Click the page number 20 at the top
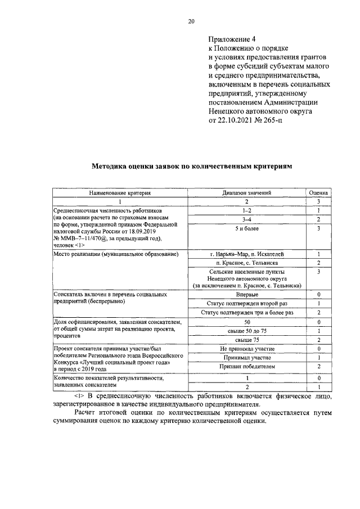point(191,21)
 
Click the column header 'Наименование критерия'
point(120,192)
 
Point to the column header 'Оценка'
point(318,192)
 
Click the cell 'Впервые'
point(247,294)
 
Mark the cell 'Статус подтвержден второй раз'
point(247,303)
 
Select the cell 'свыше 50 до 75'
point(247,331)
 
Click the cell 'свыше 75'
point(247,340)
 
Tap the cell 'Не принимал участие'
point(247,349)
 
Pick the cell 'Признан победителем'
point(247,366)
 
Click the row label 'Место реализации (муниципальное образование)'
point(116,254)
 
